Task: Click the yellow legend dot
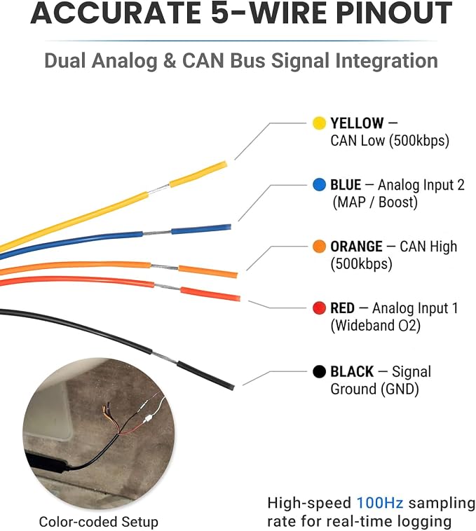point(319,123)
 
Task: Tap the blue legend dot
point(319,185)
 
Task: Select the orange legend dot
point(319,247)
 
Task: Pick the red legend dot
point(319,308)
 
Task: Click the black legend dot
point(319,371)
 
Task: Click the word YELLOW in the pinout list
point(357,123)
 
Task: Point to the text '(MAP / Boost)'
point(375,202)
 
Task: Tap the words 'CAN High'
point(428,247)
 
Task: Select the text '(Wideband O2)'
point(375,326)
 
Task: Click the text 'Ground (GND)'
point(375,389)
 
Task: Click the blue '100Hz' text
point(380,503)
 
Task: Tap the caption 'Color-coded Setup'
point(99,522)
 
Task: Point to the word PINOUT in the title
point(394,13)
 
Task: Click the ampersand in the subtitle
point(170,61)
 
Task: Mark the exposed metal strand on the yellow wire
point(158,189)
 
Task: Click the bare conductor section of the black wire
point(164,358)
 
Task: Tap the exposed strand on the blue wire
point(157,233)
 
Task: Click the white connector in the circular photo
point(148,419)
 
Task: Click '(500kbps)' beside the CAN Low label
point(419,141)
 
